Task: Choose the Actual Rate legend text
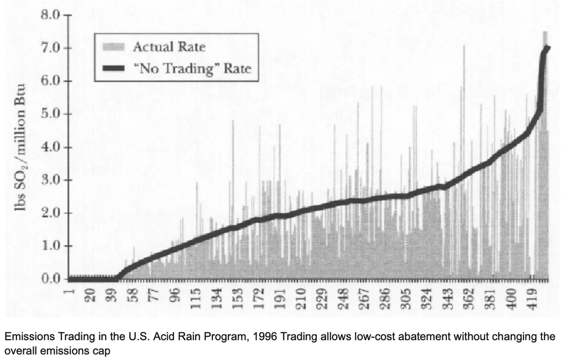click(x=169, y=46)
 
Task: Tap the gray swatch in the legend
click(x=114, y=46)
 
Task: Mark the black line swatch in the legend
click(x=114, y=69)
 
